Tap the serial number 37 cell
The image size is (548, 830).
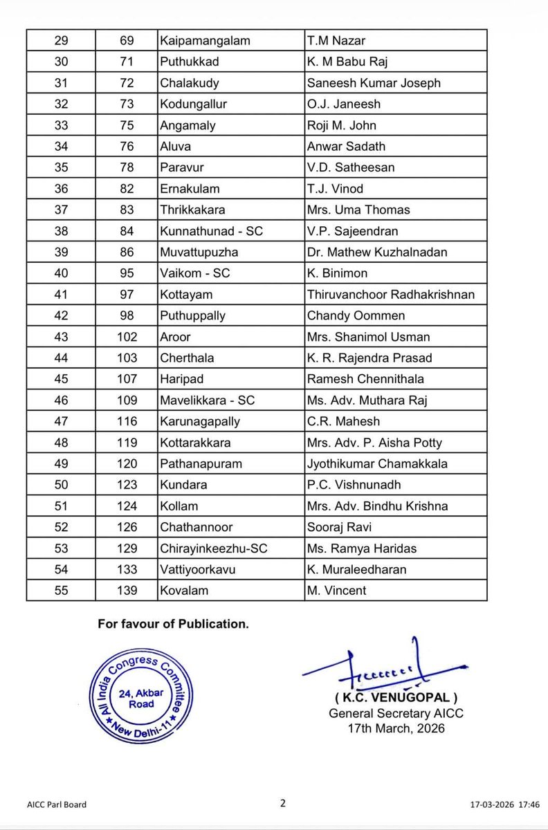[61, 210]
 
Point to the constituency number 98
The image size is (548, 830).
[127, 315]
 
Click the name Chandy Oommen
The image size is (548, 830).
[356, 315]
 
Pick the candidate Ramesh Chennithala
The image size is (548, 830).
[365, 379]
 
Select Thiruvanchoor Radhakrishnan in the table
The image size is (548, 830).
[391, 295]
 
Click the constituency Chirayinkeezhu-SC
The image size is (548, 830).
[213, 548]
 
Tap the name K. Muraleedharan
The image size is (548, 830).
[356, 569]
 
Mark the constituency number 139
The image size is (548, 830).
[127, 591]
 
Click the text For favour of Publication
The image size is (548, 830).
[173, 624]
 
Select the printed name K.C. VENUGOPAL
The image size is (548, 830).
[395, 697]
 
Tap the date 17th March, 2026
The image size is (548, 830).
[396, 728]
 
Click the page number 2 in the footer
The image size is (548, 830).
[282, 803]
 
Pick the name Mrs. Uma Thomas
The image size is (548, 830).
[358, 210]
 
